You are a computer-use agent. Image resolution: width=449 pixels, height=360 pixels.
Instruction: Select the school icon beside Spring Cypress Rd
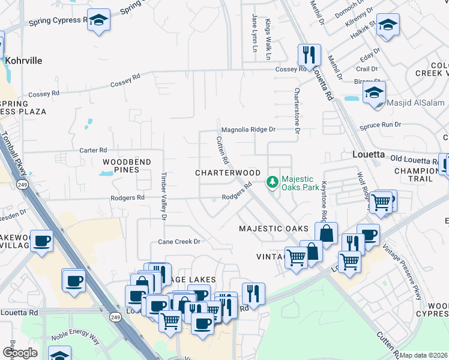[x=98, y=20]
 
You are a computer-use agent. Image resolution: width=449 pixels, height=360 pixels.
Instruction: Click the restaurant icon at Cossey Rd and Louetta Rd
[x=309, y=55]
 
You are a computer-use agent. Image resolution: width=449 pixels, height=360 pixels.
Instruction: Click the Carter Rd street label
[x=93, y=150]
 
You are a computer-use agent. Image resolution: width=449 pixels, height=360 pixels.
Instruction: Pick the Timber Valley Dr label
[x=164, y=196]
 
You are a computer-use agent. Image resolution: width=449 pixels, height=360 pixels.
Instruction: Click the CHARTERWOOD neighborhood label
[x=228, y=172]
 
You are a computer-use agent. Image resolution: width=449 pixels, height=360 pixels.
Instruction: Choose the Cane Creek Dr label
[x=178, y=241]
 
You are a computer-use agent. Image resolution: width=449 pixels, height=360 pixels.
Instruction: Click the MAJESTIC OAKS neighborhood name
[x=273, y=229]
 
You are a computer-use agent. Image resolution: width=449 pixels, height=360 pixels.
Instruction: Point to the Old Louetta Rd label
[x=414, y=160]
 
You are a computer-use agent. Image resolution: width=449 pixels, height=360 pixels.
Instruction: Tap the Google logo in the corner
[x=19, y=353]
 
